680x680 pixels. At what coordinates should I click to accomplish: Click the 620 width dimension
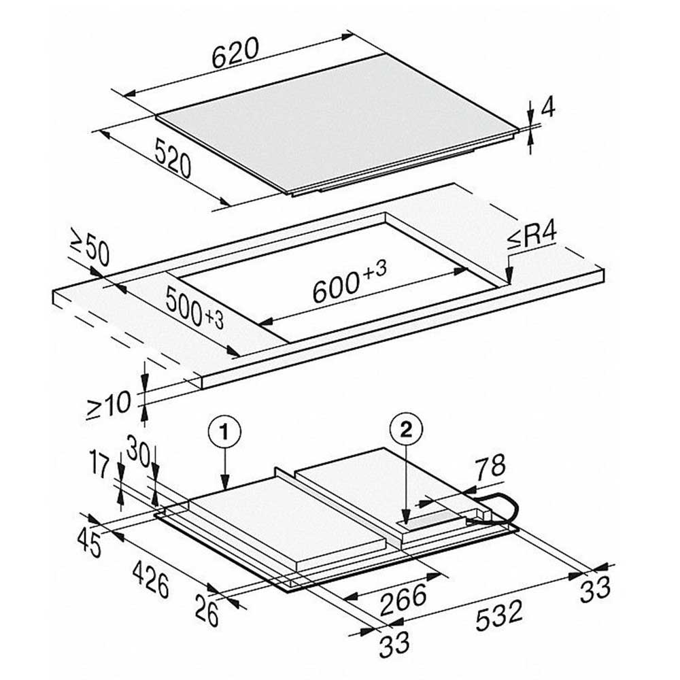(x=235, y=53)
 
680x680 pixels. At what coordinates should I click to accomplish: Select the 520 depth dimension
(x=173, y=158)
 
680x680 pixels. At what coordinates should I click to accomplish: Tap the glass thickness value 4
(x=548, y=107)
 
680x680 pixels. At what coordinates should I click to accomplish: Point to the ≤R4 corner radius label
(x=532, y=237)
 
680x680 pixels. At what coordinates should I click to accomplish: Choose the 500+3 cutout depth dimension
(x=194, y=308)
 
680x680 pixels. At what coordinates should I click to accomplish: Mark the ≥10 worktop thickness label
(x=109, y=405)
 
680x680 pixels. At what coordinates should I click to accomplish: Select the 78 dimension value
(x=490, y=467)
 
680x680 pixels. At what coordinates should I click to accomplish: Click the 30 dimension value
(x=138, y=449)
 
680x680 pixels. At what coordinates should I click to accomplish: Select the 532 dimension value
(x=499, y=615)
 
